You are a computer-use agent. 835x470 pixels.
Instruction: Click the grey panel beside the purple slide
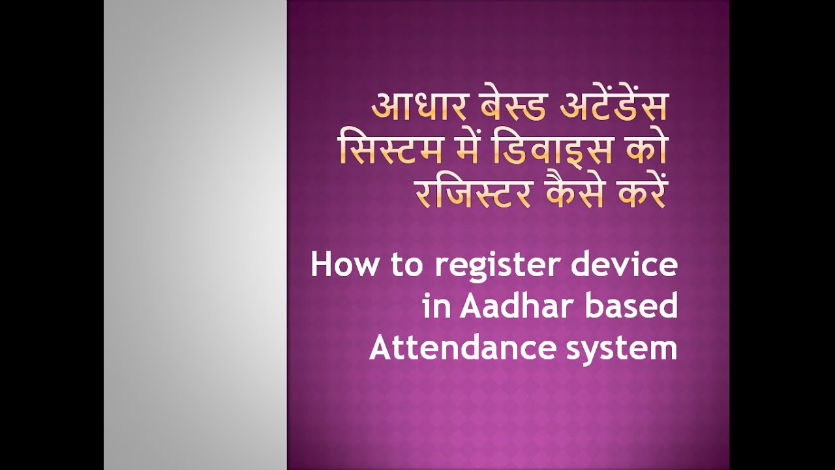tap(195, 235)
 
